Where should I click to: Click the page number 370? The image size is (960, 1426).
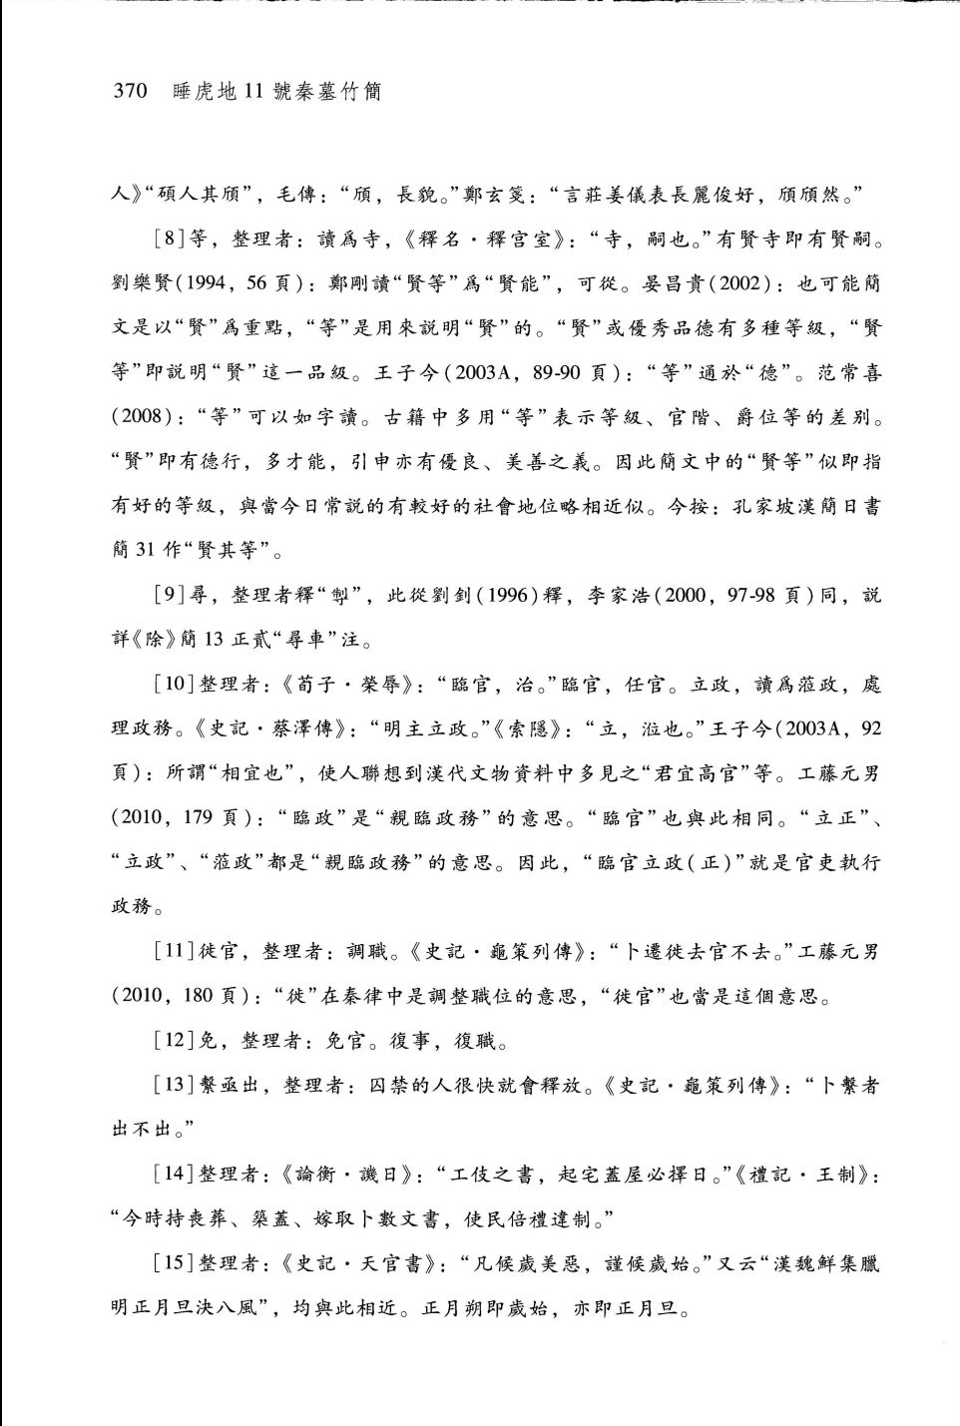[130, 92]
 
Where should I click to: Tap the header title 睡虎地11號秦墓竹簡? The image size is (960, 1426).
[277, 92]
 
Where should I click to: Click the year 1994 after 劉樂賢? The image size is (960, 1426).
[205, 283]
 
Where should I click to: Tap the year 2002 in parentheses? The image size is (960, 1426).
[739, 283]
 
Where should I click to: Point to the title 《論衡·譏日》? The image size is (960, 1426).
[347, 1175]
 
